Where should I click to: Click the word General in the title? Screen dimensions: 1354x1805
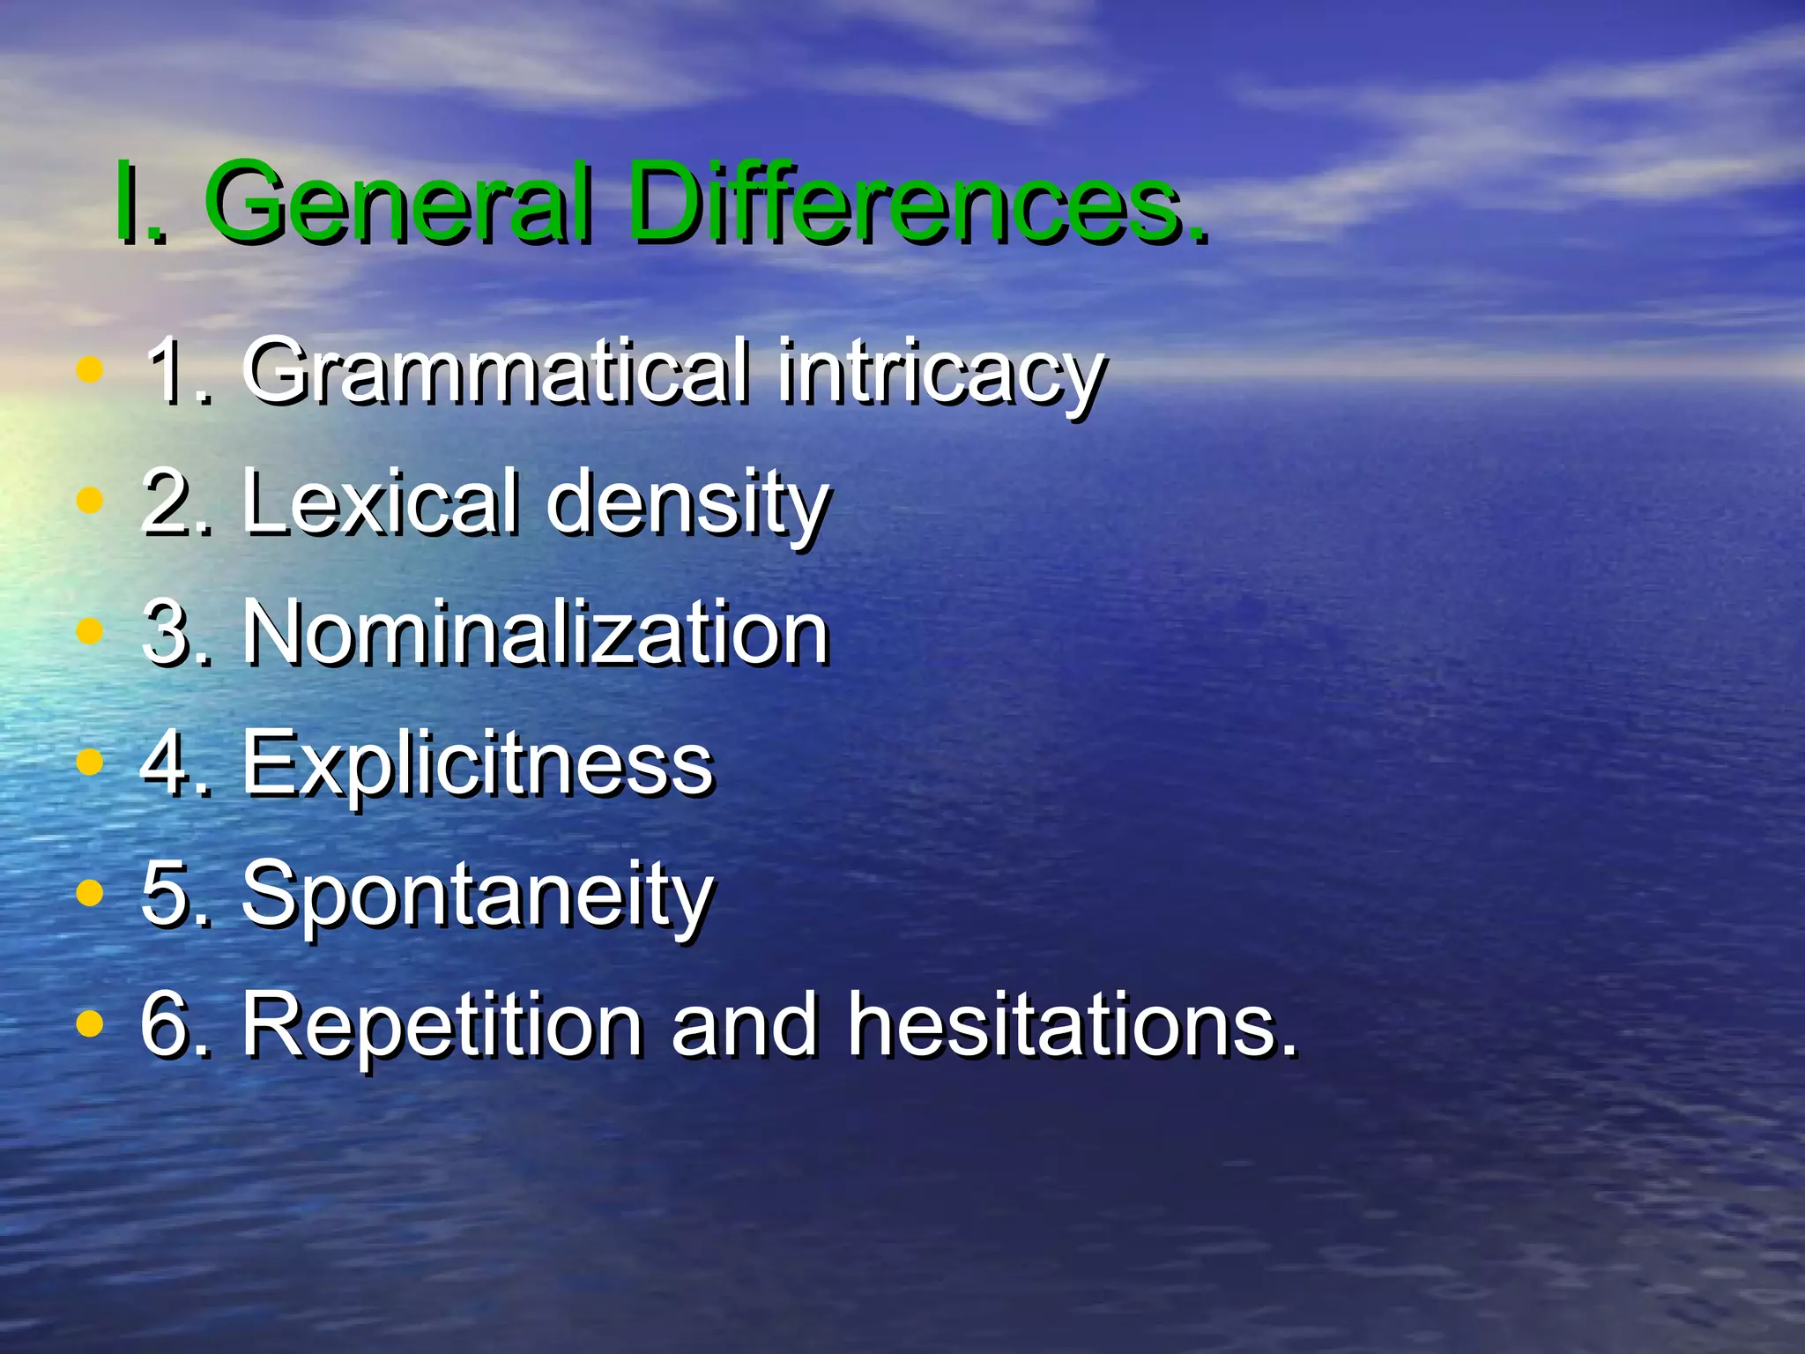click(398, 205)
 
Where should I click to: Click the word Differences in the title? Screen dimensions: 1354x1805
click(917, 205)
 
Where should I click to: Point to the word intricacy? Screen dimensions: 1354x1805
click(941, 375)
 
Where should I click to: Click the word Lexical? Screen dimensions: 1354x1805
click(383, 502)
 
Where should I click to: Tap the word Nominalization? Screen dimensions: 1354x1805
click(536, 632)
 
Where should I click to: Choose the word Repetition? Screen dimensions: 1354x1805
click(442, 1024)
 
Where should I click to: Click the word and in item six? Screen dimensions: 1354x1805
click(745, 1026)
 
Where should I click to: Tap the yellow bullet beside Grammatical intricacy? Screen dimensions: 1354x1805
click(90, 369)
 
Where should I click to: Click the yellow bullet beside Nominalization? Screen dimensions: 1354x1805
click(90, 630)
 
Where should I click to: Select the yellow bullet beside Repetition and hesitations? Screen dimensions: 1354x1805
click(90, 1023)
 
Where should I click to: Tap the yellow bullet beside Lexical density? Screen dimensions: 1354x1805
click(90, 500)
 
